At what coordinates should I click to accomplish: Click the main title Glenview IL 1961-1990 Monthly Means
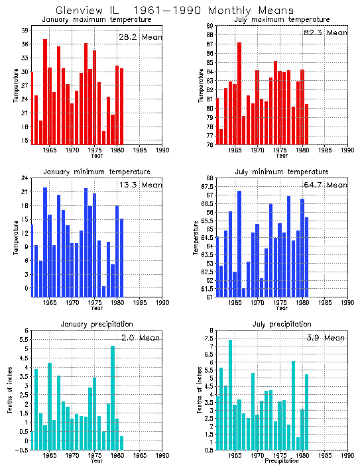(x=174, y=11)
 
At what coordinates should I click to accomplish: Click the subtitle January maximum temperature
(x=96, y=20)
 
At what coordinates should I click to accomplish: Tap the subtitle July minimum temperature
(x=282, y=172)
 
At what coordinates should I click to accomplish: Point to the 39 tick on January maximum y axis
(x=24, y=30)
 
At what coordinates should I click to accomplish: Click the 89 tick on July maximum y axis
(x=209, y=26)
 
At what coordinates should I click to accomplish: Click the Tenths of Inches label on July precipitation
(x=200, y=390)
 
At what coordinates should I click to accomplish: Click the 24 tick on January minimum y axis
(x=24, y=178)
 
